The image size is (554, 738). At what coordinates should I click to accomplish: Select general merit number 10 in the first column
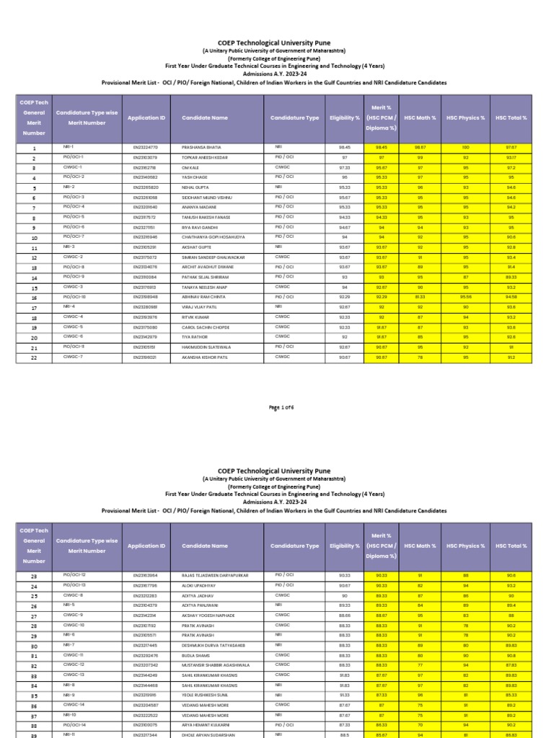(x=34, y=237)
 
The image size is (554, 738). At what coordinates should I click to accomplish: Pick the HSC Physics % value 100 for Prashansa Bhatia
(x=465, y=146)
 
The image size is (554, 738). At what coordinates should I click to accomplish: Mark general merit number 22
(x=34, y=357)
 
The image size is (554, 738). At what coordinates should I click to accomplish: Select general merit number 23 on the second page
(x=34, y=574)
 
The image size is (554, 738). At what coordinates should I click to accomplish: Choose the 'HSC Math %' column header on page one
(x=419, y=117)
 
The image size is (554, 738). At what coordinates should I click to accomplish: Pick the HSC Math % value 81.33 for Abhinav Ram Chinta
(x=419, y=296)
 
